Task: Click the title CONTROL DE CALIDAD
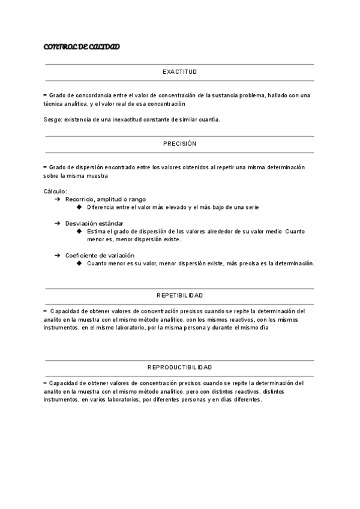(x=82, y=47)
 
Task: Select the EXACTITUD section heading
(x=179, y=72)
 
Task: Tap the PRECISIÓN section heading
(x=179, y=144)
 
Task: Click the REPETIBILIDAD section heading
(x=179, y=295)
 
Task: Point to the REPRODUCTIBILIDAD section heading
(x=179, y=367)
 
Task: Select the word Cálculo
(x=55, y=191)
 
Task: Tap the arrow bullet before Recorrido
(x=57, y=199)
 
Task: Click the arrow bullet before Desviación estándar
(x=57, y=223)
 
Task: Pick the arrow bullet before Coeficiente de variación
(x=57, y=255)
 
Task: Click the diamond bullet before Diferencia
(x=80, y=207)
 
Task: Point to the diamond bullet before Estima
(x=80, y=231)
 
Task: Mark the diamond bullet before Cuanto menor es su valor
(x=80, y=263)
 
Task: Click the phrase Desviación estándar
(x=94, y=223)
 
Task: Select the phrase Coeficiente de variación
(x=100, y=255)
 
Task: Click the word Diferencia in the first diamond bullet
(x=102, y=207)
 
